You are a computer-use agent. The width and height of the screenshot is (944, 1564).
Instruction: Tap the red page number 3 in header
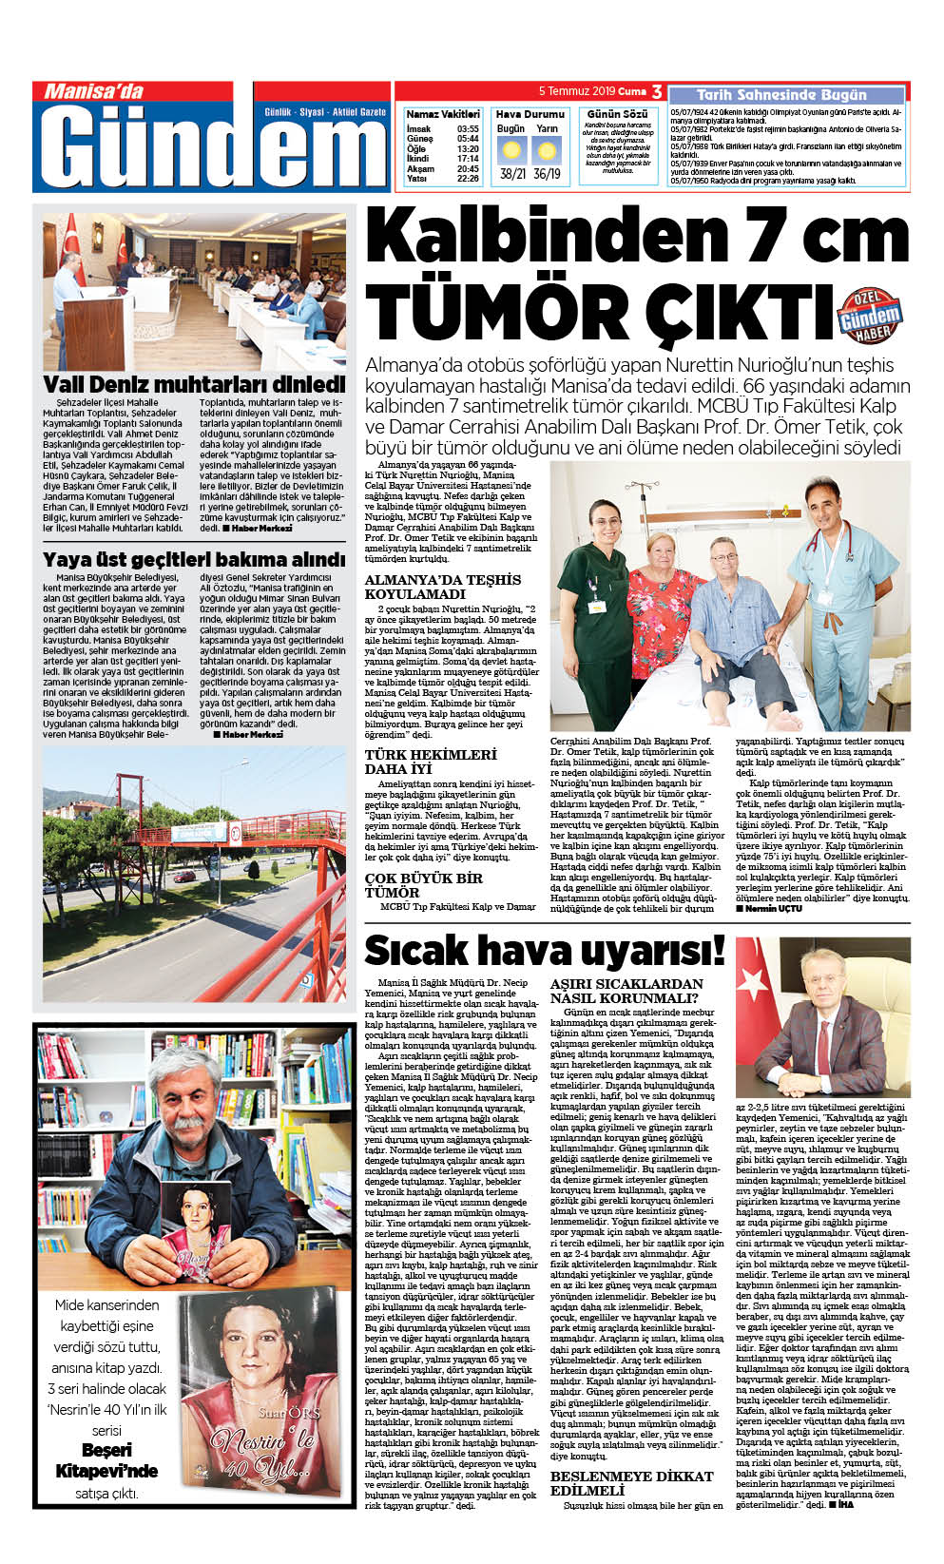(657, 91)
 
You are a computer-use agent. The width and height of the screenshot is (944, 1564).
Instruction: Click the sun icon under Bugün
(511, 150)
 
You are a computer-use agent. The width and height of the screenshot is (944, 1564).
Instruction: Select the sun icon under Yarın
(547, 150)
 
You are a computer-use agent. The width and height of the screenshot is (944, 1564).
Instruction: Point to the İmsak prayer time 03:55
(467, 128)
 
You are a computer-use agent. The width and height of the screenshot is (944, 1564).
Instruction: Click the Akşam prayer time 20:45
(467, 169)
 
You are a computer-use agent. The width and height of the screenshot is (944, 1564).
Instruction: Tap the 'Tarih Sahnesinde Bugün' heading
(781, 95)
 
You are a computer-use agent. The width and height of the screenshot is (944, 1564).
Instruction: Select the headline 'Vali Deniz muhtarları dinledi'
(194, 384)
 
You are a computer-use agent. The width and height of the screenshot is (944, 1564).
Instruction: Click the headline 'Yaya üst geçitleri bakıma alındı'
(194, 559)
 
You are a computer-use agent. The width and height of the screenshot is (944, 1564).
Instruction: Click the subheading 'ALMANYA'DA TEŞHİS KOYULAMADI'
(443, 587)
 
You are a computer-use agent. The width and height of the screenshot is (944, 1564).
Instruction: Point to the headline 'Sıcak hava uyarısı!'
(544, 950)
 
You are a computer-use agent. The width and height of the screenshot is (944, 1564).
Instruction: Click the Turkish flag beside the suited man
(757, 1008)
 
